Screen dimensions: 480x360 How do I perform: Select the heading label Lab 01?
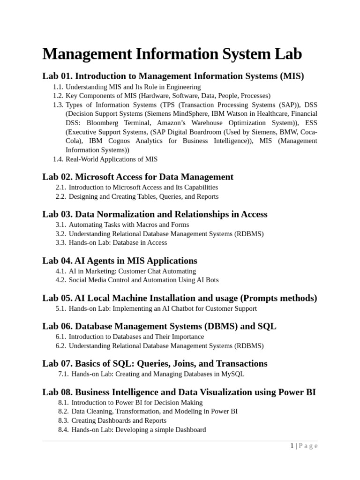click(57, 76)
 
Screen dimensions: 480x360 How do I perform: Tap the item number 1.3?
click(58, 105)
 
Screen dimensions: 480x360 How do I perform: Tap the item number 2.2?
click(61, 196)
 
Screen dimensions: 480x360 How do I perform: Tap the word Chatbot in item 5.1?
click(178, 308)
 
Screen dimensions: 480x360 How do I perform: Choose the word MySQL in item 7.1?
click(232, 374)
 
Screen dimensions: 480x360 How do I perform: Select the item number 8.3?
click(63, 420)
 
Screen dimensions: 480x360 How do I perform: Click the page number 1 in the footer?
click(292, 446)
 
